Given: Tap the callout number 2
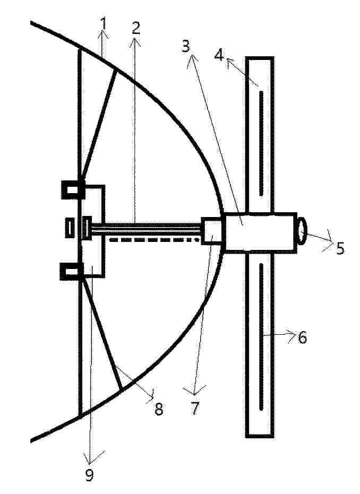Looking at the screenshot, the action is pos(135,28).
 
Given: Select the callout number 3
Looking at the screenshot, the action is pos(186,47).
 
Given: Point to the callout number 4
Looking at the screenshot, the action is pos(219,55).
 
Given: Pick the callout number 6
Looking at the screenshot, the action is pos(302,337).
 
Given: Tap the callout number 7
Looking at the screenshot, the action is pos(195,409).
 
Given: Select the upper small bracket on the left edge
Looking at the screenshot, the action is pos(73,189).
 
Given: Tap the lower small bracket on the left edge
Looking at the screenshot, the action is pos(72,271).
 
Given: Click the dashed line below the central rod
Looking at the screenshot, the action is pos(155,240).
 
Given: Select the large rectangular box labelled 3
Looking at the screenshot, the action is pos(261,232).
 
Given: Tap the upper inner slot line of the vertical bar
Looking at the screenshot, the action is pos(261,144).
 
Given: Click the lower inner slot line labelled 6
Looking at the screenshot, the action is pos(261,337).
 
